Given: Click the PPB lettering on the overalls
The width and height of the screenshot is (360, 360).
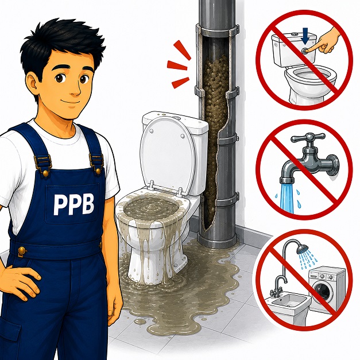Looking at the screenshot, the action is pyautogui.click(x=74, y=204).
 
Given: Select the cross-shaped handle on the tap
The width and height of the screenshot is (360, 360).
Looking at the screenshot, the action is pyautogui.click(x=308, y=138).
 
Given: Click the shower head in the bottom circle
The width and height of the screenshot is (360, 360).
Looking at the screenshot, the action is pyautogui.click(x=302, y=249).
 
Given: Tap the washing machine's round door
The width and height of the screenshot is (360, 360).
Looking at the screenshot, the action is pyautogui.click(x=323, y=291).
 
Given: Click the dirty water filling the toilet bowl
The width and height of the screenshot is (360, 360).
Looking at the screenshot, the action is pyautogui.click(x=151, y=206).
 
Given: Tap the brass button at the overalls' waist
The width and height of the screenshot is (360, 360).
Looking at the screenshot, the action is pyautogui.click(x=22, y=250).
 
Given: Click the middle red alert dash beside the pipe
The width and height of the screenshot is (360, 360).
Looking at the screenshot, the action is pyautogui.click(x=177, y=65).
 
